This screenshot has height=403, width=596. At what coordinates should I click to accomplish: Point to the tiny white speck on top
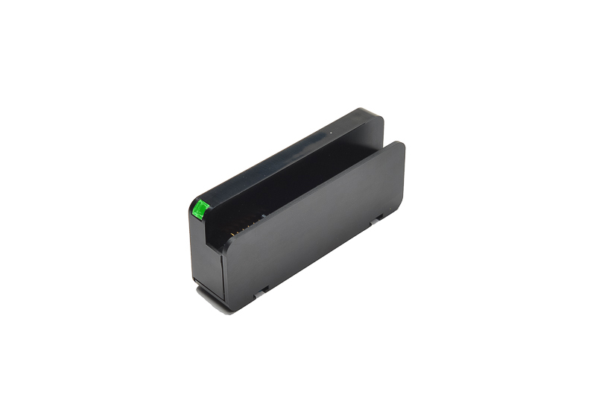tap(331, 134)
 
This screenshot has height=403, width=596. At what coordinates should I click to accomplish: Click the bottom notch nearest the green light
tap(260, 293)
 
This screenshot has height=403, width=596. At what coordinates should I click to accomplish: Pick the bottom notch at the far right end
tap(378, 218)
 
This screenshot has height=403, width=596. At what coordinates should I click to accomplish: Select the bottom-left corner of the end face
tap(195, 280)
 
